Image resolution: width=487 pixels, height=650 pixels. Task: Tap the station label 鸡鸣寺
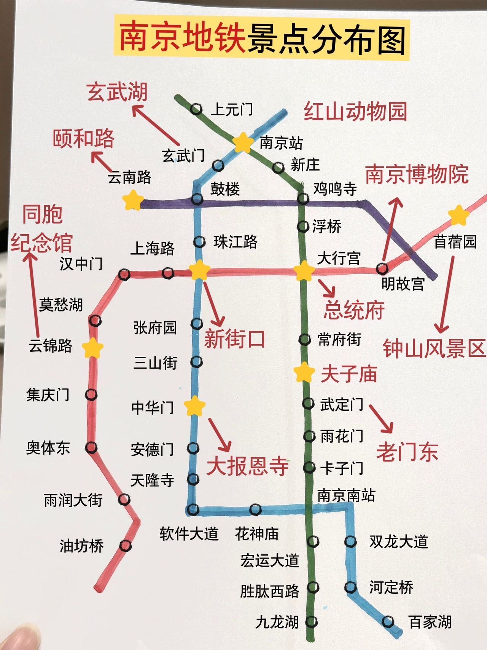pyautogui.click(x=335, y=189)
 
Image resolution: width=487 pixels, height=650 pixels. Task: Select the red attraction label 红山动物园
pyautogui.click(x=355, y=112)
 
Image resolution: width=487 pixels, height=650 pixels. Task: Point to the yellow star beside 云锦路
pyautogui.click(x=93, y=347)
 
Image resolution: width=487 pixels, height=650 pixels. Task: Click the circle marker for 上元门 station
pyautogui.click(x=196, y=110)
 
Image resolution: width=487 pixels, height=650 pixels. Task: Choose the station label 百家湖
pyautogui.click(x=430, y=622)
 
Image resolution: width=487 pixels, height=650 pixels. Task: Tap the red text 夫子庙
pyautogui.click(x=349, y=374)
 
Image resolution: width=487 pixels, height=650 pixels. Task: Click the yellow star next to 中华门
pyautogui.click(x=195, y=406)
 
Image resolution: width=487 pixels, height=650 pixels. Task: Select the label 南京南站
pyautogui.click(x=346, y=495)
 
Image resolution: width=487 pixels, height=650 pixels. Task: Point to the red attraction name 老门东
pyautogui.click(x=407, y=452)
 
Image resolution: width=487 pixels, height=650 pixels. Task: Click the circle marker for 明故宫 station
pyautogui.click(x=382, y=269)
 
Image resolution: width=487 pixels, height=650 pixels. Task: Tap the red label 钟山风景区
pyautogui.click(x=434, y=348)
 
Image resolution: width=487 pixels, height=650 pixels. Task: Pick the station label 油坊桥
pyautogui.click(x=82, y=546)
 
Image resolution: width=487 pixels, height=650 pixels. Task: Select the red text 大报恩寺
pyautogui.click(x=248, y=466)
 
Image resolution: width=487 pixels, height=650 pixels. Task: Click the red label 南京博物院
pyautogui.click(x=417, y=174)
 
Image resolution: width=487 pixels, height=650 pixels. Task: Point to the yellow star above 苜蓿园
pyautogui.click(x=458, y=215)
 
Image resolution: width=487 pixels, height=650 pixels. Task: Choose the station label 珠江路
pyautogui.click(x=236, y=242)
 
